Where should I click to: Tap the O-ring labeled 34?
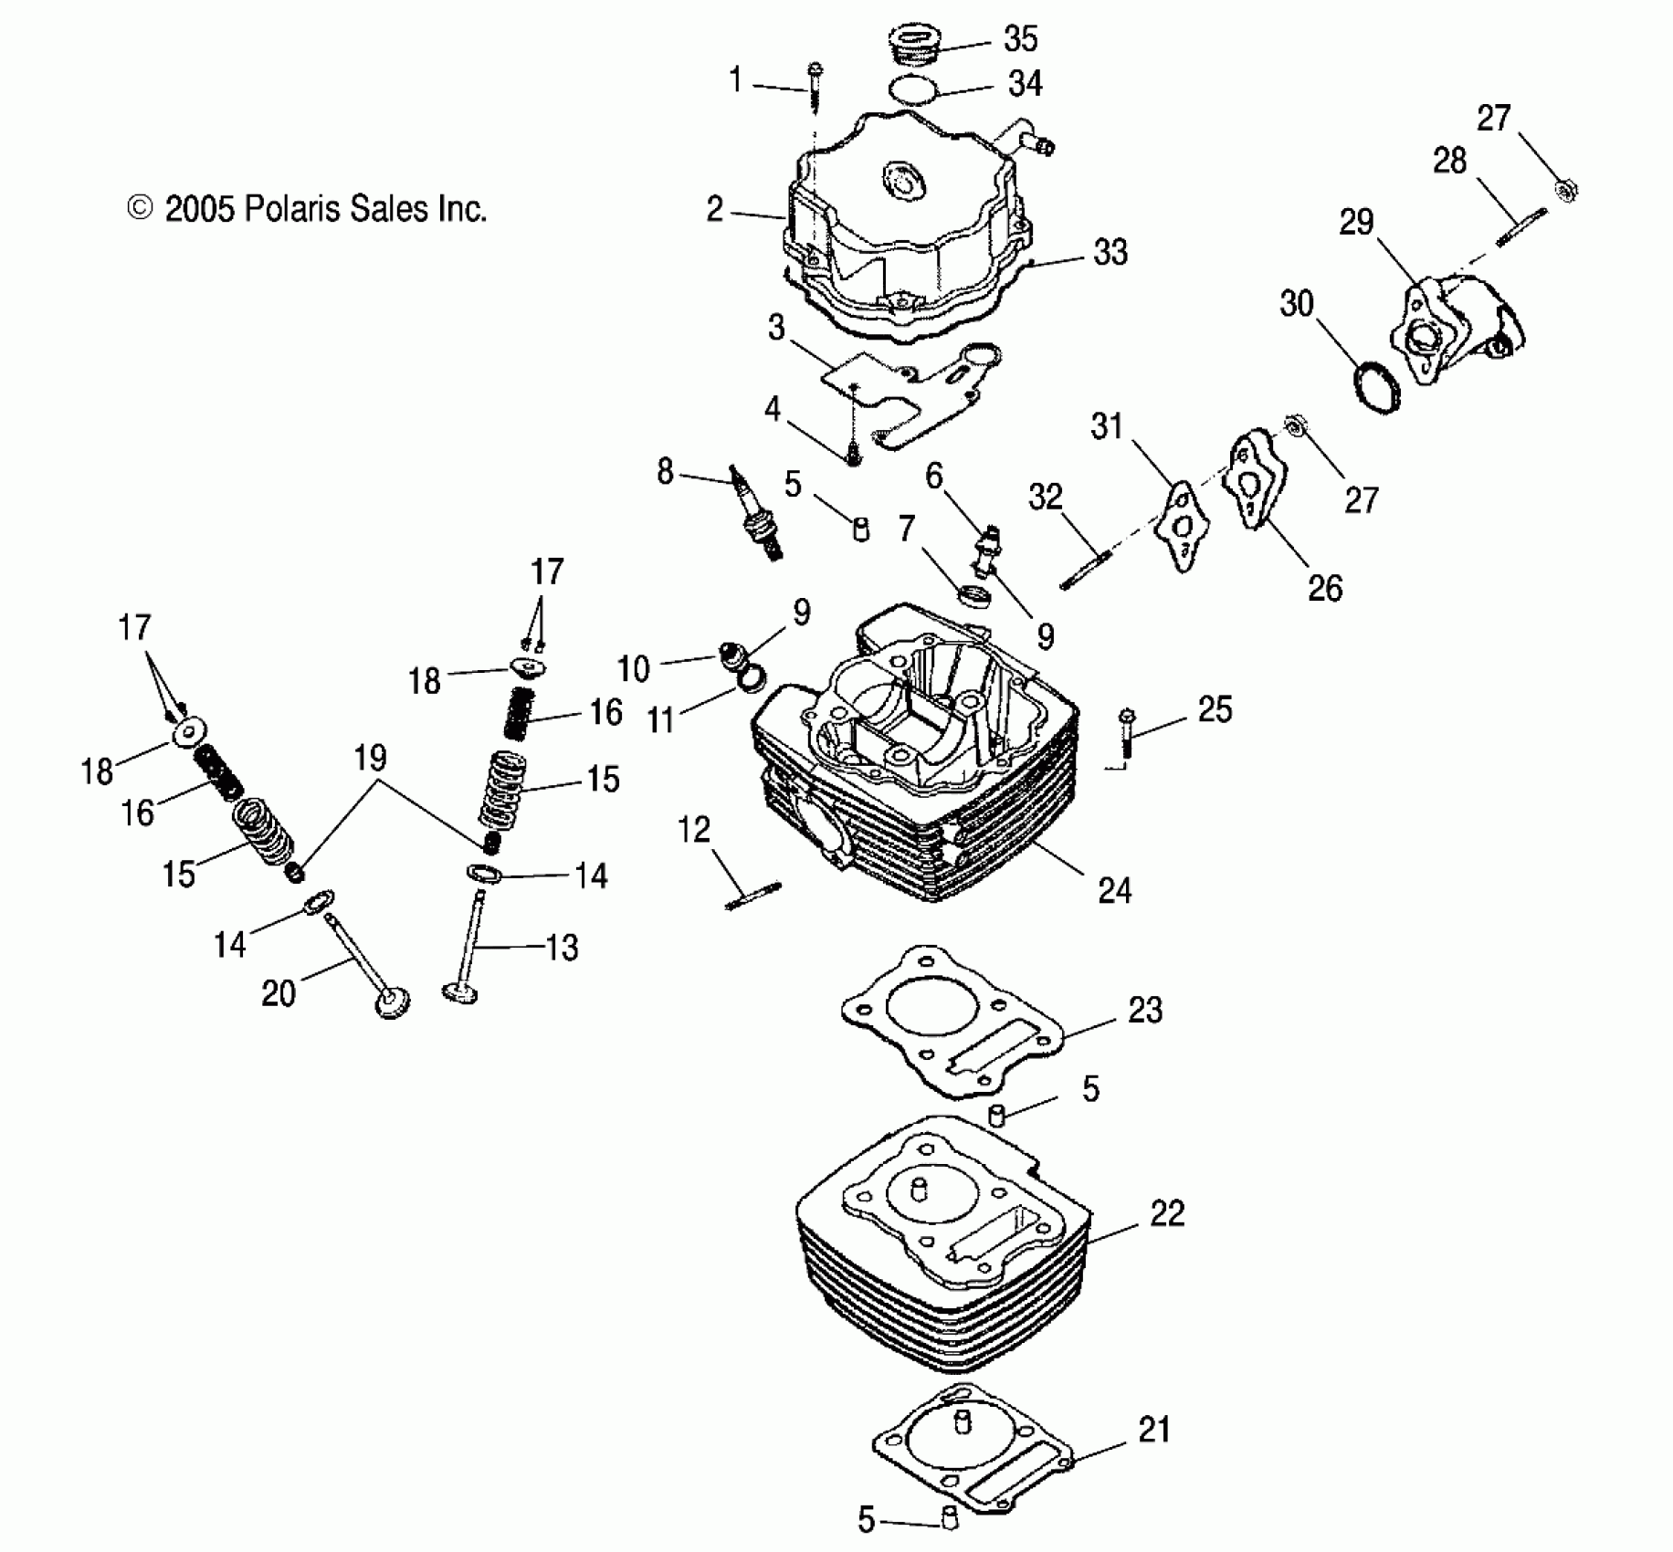coord(914,90)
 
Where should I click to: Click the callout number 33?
coord(1110,252)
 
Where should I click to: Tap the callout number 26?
coord(1325,588)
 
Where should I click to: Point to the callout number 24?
coord(1114,889)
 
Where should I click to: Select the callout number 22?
coord(1167,1213)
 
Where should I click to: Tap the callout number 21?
coord(1154,1429)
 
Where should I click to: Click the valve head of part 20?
coord(392,1003)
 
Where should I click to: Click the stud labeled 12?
coord(753,895)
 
